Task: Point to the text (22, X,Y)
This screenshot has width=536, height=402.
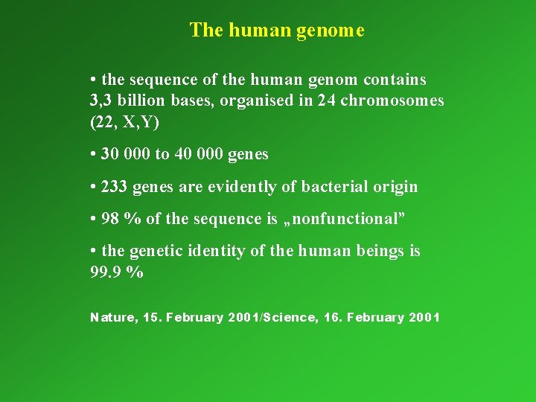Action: (x=124, y=122)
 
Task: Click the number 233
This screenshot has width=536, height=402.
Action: (x=115, y=187)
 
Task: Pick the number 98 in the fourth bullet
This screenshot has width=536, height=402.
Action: (x=110, y=219)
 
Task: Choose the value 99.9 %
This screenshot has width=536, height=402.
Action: (x=116, y=272)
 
